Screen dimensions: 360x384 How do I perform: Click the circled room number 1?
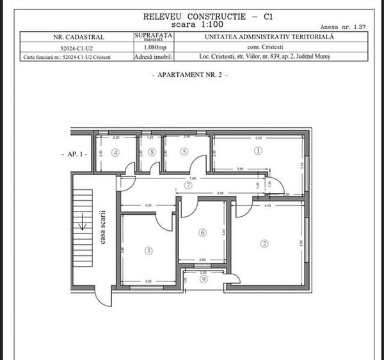[258, 152]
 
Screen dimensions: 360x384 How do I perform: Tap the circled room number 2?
[263, 243]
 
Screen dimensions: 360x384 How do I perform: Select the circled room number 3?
[148, 251]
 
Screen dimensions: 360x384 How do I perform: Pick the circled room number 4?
[115, 152]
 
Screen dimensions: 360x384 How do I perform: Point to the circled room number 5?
[184, 152]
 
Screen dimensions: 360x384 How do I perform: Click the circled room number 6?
[202, 233]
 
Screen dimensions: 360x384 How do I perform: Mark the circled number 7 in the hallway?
[188, 185]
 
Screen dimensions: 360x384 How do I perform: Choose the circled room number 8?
[152, 152]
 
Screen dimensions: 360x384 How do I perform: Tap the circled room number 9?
[204, 279]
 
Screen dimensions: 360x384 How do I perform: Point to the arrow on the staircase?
[81, 225]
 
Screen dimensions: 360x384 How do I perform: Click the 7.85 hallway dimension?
[191, 178]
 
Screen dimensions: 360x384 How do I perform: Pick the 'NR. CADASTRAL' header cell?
[76, 37]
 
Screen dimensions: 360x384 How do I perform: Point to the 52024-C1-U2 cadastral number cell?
[76, 47]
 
